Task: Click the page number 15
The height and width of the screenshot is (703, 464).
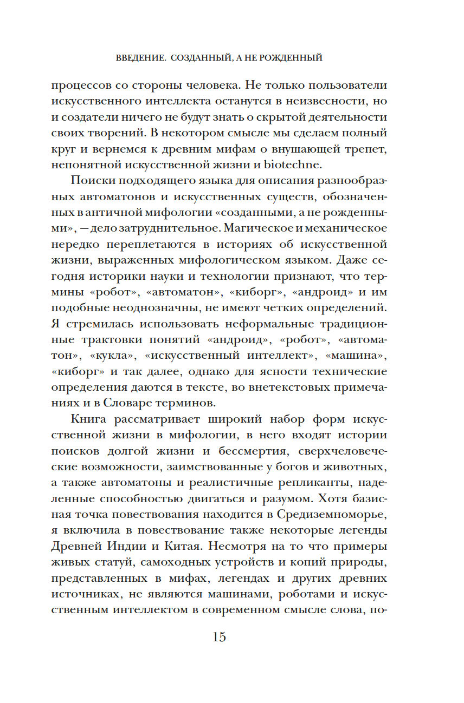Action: [x=219, y=637]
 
